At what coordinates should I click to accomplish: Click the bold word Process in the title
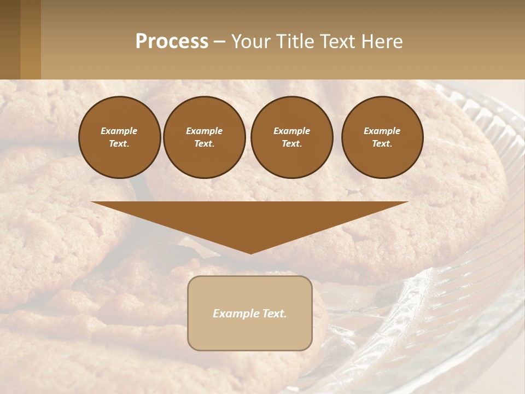(172, 42)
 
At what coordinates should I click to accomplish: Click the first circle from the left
(119, 137)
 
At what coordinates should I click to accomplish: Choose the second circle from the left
(205, 137)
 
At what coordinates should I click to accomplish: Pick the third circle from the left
(292, 137)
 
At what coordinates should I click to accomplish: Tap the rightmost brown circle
(382, 137)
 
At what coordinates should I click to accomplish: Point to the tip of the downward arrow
(250, 253)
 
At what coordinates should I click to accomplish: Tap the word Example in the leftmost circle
(119, 131)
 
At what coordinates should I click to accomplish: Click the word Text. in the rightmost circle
(382, 144)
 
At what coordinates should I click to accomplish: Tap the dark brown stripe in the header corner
(10, 39)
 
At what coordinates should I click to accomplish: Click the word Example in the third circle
(292, 131)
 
